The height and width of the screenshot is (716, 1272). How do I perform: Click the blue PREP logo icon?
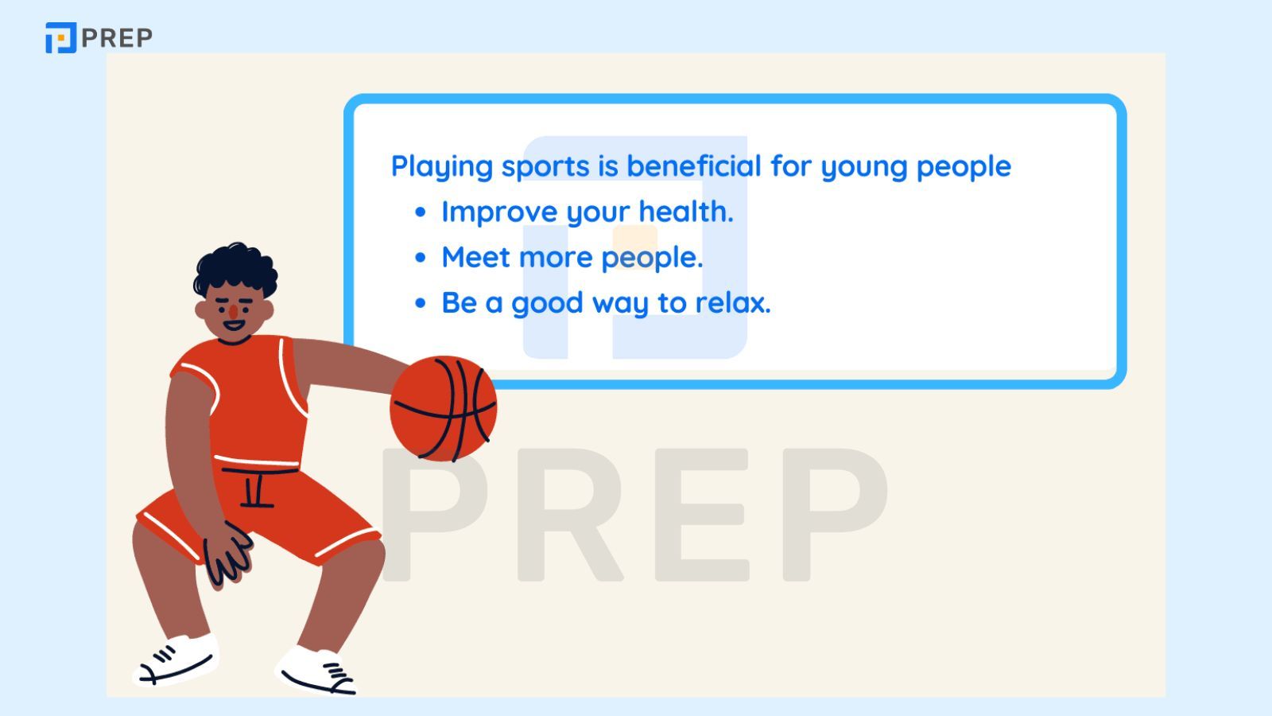(x=60, y=38)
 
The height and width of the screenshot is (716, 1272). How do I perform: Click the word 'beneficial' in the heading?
(x=693, y=166)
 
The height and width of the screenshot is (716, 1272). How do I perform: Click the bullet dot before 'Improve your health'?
(x=421, y=212)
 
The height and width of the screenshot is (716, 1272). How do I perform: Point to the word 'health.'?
(x=686, y=212)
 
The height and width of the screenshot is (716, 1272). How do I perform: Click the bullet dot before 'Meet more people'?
(x=421, y=258)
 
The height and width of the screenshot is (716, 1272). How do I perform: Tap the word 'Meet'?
(x=476, y=257)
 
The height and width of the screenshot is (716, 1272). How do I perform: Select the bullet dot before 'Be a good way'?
(x=421, y=303)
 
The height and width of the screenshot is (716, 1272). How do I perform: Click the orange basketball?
(x=444, y=409)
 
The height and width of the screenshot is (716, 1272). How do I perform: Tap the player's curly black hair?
(x=235, y=269)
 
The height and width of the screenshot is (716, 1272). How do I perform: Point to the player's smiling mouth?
(x=234, y=325)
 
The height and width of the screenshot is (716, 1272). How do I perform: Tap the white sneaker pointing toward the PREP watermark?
(x=316, y=671)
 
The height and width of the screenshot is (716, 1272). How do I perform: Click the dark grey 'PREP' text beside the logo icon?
(x=117, y=38)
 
